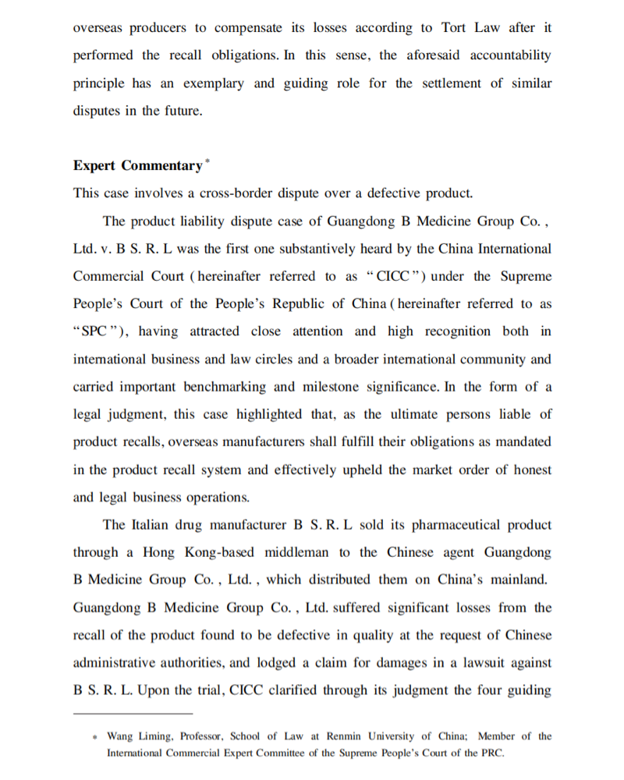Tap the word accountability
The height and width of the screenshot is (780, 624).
[x=510, y=55]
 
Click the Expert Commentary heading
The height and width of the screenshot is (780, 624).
[x=137, y=165]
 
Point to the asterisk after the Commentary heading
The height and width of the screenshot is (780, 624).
[x=206, y=161]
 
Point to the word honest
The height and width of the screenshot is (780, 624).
[x=532, y=470]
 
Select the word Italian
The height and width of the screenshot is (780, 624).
[x=149, y=524]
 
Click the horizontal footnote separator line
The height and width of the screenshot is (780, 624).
[x=133, y=714]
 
